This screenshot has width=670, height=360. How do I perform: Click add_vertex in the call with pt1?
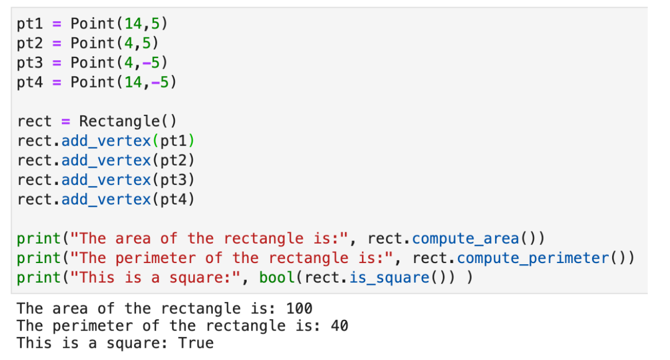coord(106,141)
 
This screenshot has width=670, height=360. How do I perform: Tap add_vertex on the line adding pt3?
coord(106,180)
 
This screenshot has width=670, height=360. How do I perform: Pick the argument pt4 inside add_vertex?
coord(174,200)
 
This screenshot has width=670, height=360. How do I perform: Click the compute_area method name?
coord(465,239)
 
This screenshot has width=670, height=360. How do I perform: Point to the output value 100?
coord(299,308)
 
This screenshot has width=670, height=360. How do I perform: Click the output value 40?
coord(340,325)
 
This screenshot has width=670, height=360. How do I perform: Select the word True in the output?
coord(195,343)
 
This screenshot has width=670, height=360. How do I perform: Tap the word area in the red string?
coord(133,239)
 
